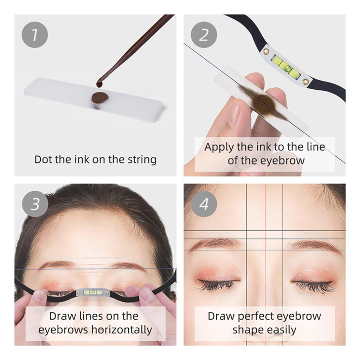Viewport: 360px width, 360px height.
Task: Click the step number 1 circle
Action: pos(34,35)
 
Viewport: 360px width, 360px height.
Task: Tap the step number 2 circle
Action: pos(204,35)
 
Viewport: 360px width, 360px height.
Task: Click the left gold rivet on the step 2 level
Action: pos(266,51)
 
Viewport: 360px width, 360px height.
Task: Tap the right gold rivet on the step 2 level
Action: pos(306,81)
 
